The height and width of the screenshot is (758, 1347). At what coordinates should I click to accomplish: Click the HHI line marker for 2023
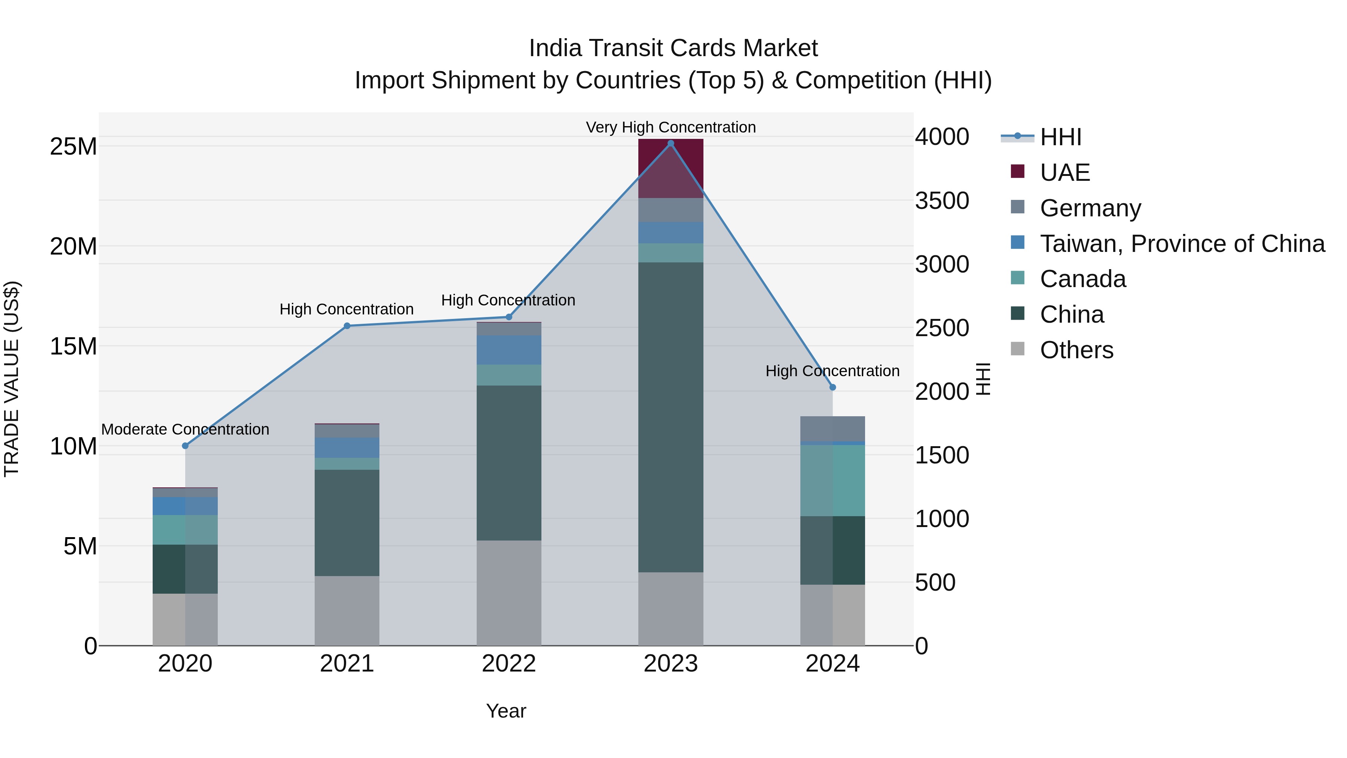(x=671, y=143)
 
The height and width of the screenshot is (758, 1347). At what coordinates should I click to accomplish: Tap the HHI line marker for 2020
(x=185, y=446)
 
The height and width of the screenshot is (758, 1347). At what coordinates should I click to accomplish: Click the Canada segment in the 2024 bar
(x=833, y=480)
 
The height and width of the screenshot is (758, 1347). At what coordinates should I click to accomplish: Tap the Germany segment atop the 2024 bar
(x=833, y=429)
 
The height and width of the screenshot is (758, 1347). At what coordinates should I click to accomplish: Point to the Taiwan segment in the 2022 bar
(x=509, y=350)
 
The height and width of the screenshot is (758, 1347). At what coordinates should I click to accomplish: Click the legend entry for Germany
(x=1090, y=208)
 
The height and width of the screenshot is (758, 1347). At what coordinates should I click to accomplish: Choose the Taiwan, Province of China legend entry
(x=1182, y=244)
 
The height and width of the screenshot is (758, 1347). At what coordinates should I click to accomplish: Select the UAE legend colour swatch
(x=1018, y=171)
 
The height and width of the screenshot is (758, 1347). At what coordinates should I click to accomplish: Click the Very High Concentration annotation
(x=671, y=127)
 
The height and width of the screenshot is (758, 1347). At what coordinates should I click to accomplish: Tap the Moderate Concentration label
(x=185, y=429)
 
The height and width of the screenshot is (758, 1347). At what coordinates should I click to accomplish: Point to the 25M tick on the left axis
(x=73, y=146)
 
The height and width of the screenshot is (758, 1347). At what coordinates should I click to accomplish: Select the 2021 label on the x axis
(x=347, y=664)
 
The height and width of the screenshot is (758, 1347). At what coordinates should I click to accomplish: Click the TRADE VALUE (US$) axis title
(x=12, y=379)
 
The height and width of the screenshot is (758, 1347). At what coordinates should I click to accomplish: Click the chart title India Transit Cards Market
(x=673, y=48)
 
